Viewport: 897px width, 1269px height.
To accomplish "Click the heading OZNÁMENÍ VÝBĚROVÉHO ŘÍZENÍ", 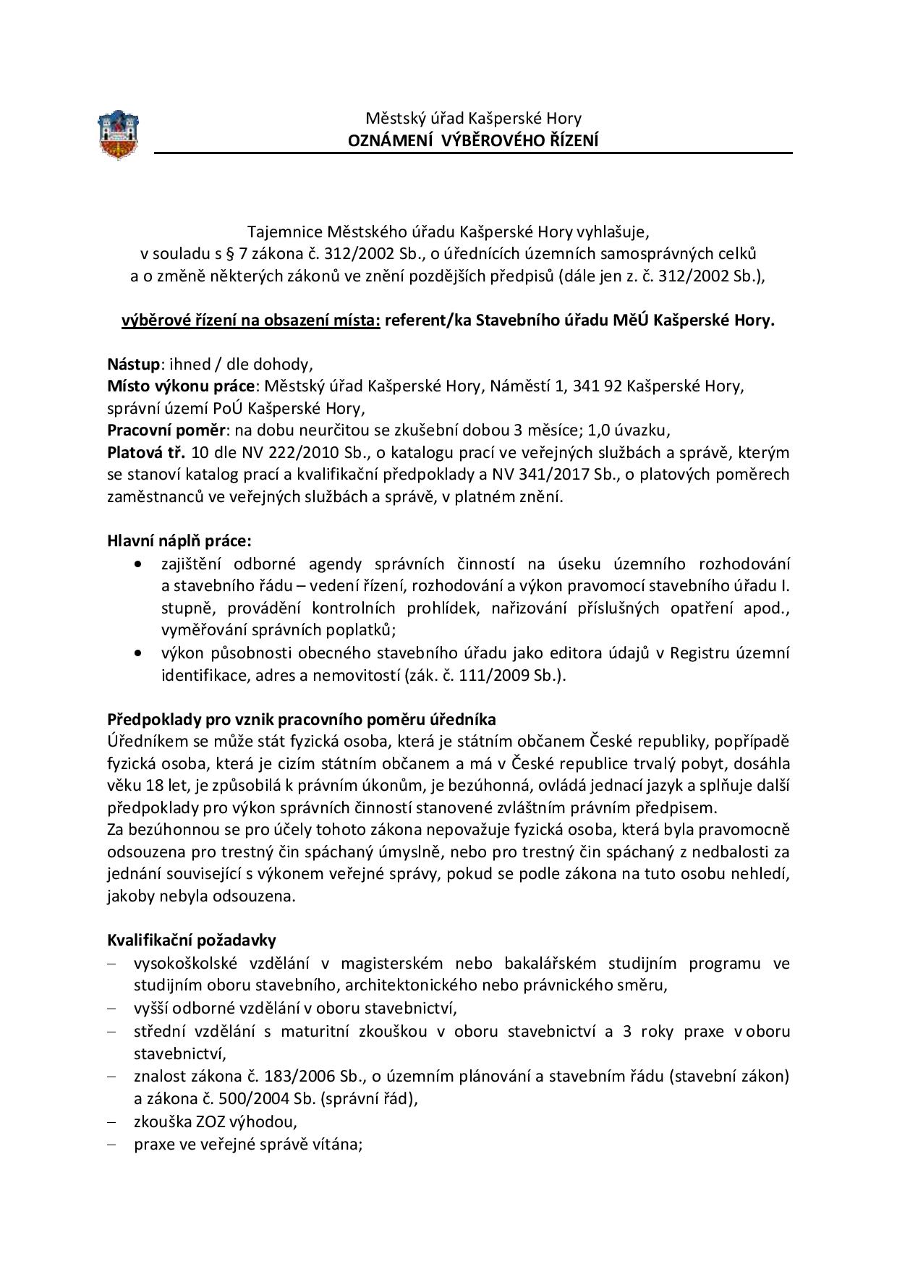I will click(x=473, y=140).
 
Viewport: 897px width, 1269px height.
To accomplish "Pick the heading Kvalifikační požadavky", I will click(x=192, y=941).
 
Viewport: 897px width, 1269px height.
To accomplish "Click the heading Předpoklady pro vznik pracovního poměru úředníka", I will click(x=302, y=720).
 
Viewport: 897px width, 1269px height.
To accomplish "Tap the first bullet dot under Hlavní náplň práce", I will click(x=139, y=564).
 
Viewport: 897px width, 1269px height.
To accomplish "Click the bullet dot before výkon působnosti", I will click(x=139, y=654).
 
